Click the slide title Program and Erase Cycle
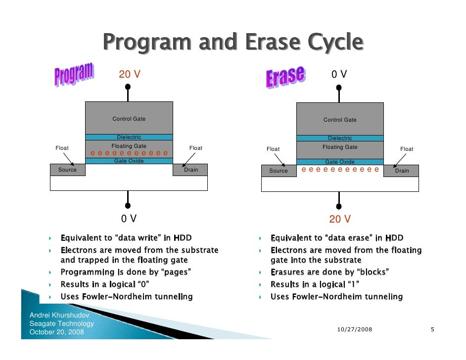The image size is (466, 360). tap(233, 43)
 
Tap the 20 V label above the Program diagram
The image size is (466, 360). tap(129, 75)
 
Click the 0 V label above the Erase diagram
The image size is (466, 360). tap(339, 75)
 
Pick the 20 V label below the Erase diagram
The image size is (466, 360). tap(340, 220)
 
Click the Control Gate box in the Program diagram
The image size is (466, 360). tap(129, 118)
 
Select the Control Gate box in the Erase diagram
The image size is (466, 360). tap(340, 119)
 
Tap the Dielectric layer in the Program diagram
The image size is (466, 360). tap(129, 137)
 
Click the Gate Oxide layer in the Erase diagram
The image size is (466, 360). tap(340, 162)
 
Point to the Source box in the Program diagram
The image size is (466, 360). tap(68, 170)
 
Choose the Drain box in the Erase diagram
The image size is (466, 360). tap(401, 171)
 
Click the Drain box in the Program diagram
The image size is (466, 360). tap(190, 170)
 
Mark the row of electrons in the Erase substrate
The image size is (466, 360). tap(340, 170)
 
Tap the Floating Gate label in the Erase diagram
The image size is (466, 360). tap(340, 147)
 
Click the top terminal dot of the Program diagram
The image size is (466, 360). tap(128, 87)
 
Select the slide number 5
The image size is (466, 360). tap(432, 329)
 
